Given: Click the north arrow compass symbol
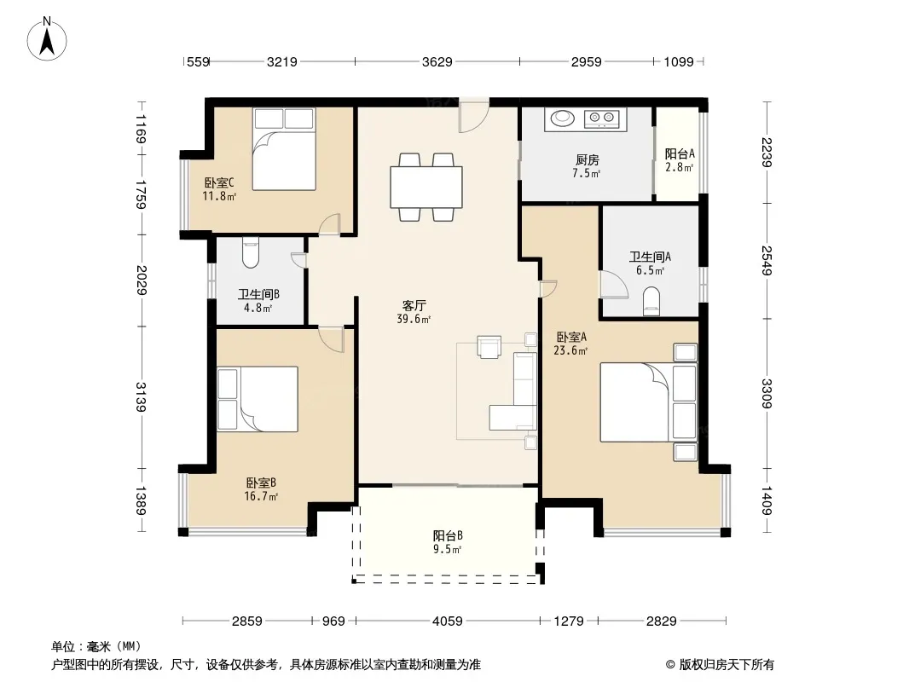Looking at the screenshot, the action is pyautogui.click(x=47, y=39).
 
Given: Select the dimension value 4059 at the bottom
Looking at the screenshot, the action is pyautogui.click(x=448, y=621).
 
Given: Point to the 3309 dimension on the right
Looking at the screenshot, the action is pyautogui.click(x=767, y=394).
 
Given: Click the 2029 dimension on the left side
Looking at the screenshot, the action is pyautogui.click(x=142, y=280).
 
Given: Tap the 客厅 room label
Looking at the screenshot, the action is pyautogui.click(x=414, y=305).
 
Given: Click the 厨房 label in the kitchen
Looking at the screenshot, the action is pyautogui.click(x=588, y=160).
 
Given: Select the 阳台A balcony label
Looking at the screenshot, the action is pyautogui.click(x=680, y=153).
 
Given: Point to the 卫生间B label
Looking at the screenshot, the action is pyautogui.click(x=258, y=295).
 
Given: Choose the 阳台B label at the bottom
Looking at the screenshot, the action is pyautogui.click(x=448, y=536).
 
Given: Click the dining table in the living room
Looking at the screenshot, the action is pyautogui.click(x=426, y=188).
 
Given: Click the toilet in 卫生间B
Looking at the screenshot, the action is pyautogui.click(x=251, y=252).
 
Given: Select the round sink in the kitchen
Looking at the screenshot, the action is pyautogui.click(x=562, y=118).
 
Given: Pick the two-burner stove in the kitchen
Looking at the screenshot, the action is pyautogui.click(x=601, y=118).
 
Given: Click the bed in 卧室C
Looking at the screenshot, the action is pyautogui.click(x=284, y=149).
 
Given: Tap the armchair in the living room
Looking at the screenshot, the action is pyautogui.click(x=489, y=346).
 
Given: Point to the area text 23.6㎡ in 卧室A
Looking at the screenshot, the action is pyautogui.click(x=570, y=350).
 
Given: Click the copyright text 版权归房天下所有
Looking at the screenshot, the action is pyautogui.click(x=727, y=665).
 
